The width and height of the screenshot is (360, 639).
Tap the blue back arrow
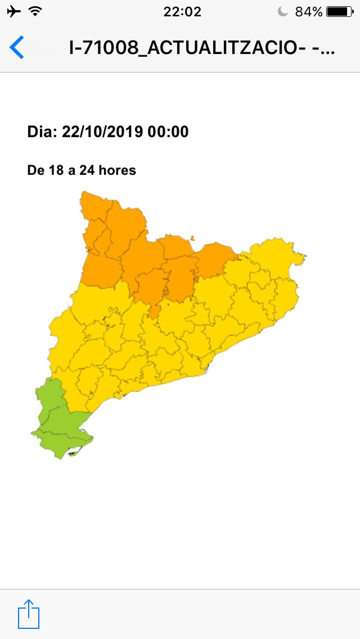17,47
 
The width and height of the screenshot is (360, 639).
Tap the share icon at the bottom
29,614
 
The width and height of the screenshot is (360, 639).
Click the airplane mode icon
14,11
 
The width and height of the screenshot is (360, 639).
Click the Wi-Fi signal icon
35,11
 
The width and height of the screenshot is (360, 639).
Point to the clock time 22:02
182,11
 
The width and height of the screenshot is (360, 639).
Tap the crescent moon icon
283,11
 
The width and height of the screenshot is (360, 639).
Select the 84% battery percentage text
309,11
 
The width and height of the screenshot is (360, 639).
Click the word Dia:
42,132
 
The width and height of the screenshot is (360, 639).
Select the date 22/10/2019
102,132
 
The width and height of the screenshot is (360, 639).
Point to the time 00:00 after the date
168,132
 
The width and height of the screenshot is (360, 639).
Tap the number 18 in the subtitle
56,170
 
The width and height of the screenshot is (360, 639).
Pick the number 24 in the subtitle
87,170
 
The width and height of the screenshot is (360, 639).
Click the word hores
118,170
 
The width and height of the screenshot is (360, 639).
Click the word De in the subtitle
35,170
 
